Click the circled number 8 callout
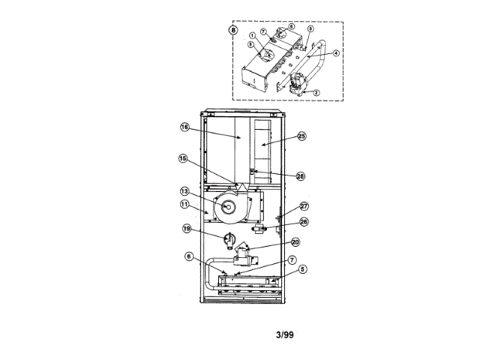click(233, 31)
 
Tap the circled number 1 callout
click(253, 36)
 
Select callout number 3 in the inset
click(310, 28)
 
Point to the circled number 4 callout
click(336, 52)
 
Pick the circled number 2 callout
click(316, 92)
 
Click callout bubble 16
click(184, 127)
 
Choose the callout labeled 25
click(301, 136)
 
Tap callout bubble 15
click(182, 158)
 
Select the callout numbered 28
click(301, 176)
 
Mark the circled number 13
click(183, 191)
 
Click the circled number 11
click(183, 203)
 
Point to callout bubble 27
click(304, 206)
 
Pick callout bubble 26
click(304, 221)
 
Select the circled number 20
click(295, 242)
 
